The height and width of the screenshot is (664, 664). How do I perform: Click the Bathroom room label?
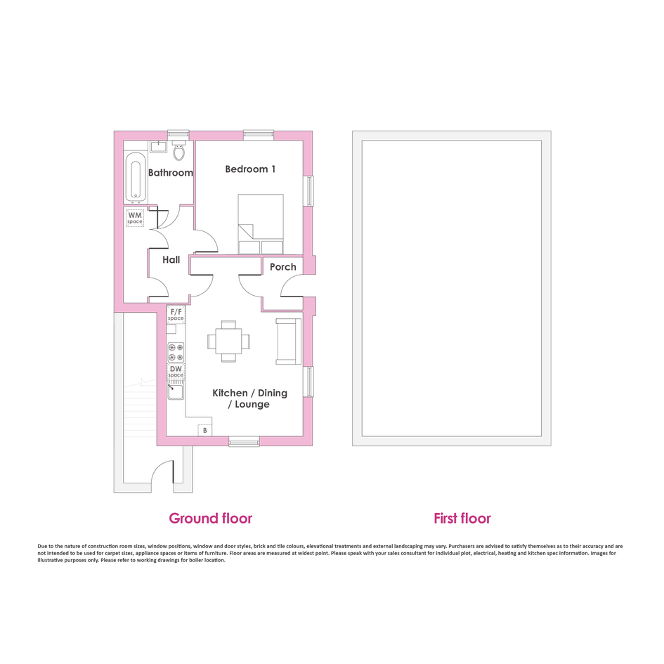click(171, 173)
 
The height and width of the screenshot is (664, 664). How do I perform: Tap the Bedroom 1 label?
click(250, 169)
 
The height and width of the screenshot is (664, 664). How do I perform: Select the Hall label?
click(171, 259)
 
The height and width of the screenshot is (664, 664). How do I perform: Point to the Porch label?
click(283, 267)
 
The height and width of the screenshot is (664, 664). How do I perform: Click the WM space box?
click(135, 218)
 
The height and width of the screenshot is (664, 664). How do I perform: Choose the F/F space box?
click(176, 315)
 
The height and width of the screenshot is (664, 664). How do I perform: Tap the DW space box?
click(176, 372)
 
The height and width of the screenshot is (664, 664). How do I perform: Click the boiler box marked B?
click(205, 430)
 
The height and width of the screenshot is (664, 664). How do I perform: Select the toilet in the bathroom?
click(179, 151)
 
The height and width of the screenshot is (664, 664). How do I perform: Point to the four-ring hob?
click(176, 353)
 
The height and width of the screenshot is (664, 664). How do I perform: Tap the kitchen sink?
click(176, 391)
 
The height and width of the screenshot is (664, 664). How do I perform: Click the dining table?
click(228, 341)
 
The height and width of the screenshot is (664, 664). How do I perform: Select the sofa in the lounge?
click(288, 341)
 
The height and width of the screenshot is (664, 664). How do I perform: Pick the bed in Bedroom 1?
click(261, 224)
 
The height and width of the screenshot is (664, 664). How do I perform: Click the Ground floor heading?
click(211, 519)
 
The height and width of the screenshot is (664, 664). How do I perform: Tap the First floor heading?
click(462, 519)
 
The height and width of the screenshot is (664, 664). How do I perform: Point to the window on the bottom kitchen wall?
click(245, 442)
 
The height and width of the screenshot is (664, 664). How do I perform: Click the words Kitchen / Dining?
click(250, 393)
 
